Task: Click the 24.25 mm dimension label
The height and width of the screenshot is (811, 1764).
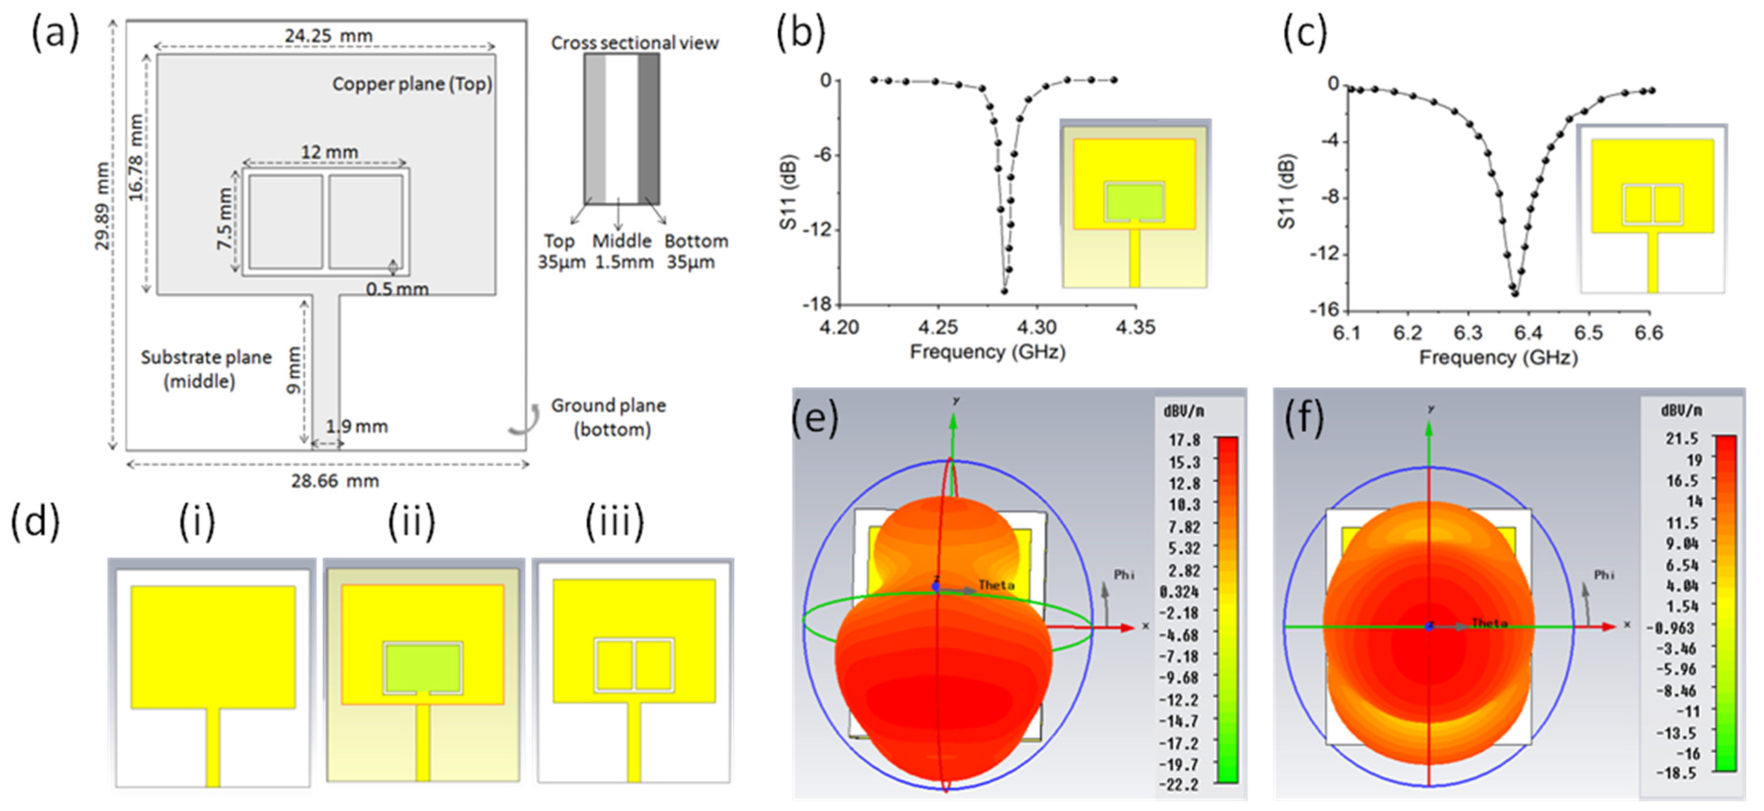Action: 329,35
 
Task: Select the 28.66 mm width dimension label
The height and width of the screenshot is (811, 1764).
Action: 335,481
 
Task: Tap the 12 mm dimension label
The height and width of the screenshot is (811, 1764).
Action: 329,151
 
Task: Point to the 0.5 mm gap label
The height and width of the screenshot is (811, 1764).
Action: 397,289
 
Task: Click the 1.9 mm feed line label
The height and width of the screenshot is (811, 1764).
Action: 356,427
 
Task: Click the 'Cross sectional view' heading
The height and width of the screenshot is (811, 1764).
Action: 635,43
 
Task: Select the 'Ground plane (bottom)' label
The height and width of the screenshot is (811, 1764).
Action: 609,417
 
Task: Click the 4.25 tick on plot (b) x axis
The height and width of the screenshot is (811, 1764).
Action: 937,327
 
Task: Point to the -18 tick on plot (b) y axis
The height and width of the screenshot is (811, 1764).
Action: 816,304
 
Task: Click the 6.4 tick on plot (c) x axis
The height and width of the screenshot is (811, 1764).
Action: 1528,333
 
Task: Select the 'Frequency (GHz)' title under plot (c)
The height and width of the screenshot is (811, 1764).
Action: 1498,358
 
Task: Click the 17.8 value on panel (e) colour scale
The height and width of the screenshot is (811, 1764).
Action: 1184,440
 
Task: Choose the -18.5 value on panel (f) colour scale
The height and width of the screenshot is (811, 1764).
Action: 1676,773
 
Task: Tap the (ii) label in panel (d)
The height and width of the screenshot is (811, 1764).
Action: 411,522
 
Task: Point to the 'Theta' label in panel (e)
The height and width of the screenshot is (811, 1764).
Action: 996,585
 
